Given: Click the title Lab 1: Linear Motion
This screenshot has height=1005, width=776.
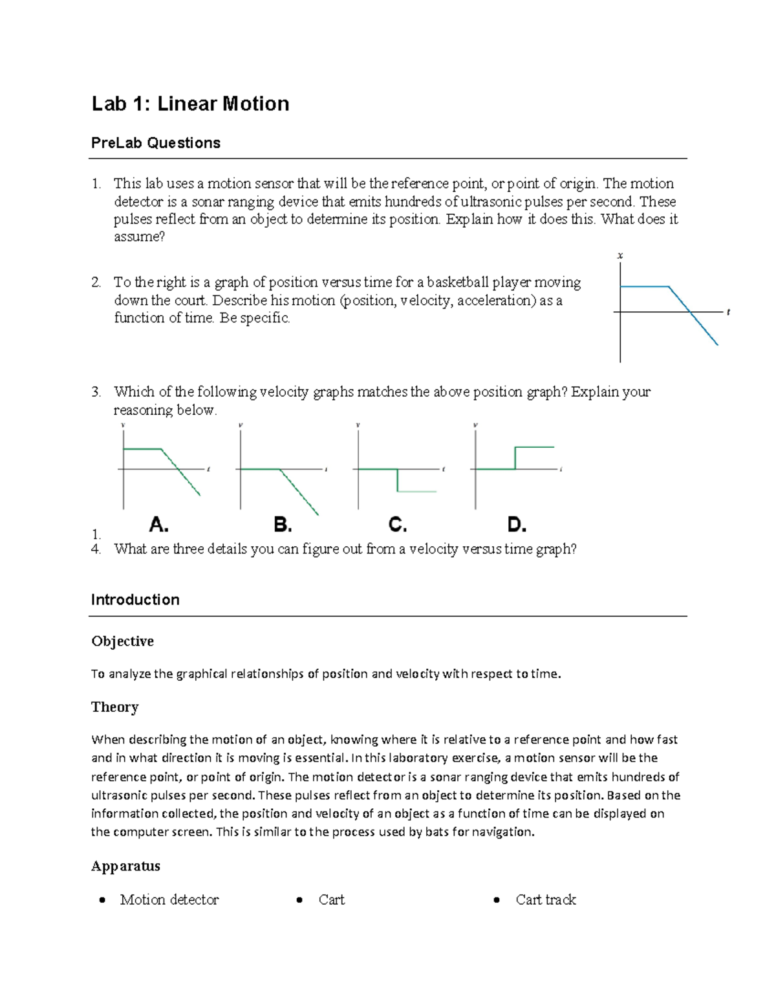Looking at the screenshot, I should point(190,104).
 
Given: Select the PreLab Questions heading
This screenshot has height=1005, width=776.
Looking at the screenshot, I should point(155,143).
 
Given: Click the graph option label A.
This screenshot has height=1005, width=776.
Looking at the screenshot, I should point(159,524).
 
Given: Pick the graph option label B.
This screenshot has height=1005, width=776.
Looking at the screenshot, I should point(283,524).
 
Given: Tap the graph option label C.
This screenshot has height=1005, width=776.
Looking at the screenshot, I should point(397,524).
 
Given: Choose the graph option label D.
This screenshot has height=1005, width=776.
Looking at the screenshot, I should point(517,524).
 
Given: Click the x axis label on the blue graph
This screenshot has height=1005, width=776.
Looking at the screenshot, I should point(620,256).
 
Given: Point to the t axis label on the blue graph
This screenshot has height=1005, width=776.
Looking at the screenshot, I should point(728,313).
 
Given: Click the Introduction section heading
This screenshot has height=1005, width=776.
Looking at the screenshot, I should point(135,600).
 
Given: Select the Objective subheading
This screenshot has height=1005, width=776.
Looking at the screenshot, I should point(122,641).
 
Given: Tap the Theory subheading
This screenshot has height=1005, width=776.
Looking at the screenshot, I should point(114,707).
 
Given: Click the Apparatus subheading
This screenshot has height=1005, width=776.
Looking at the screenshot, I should point(125,866).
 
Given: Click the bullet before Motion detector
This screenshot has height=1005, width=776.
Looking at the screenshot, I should point(102,900).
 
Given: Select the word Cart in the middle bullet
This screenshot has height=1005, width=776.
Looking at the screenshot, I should point(331,900).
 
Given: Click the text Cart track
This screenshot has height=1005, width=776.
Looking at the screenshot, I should point(545,900).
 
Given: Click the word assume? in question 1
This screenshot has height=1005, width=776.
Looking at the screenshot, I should point(139,237).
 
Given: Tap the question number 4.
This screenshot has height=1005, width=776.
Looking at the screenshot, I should point(96,549).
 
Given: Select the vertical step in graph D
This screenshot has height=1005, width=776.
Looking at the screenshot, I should point(515,458).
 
